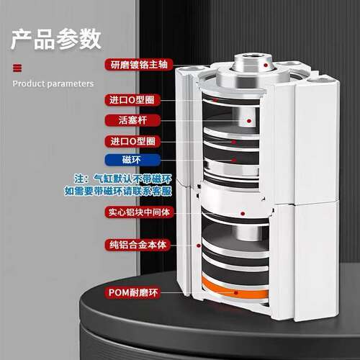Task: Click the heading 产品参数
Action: click(x=56, y=39)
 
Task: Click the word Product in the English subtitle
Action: click(x=29, y=84)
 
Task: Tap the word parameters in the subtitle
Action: click(x=71, y=84)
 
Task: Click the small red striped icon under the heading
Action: click(x=17, y=68)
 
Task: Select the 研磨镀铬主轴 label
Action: click(x=139, y=65)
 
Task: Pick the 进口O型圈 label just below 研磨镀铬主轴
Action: click(x=132, y=100)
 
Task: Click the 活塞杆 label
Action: click(x=132, y=120)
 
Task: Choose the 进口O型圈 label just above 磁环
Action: click(x=132, y=141)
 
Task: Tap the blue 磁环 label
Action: click(x=132, y=160)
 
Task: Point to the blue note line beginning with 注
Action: click(x=123, y=179)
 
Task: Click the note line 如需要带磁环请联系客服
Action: click(x=118, y=191)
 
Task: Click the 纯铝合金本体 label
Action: click(x=138, y=245)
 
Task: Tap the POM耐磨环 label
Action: click(x=132, y=292)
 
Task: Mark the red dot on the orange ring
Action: click(x=236, y=293)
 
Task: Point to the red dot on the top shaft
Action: click(x=266, y=65)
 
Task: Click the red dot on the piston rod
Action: click(x=249, y=121)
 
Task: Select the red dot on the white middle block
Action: click(x=243, y=214)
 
